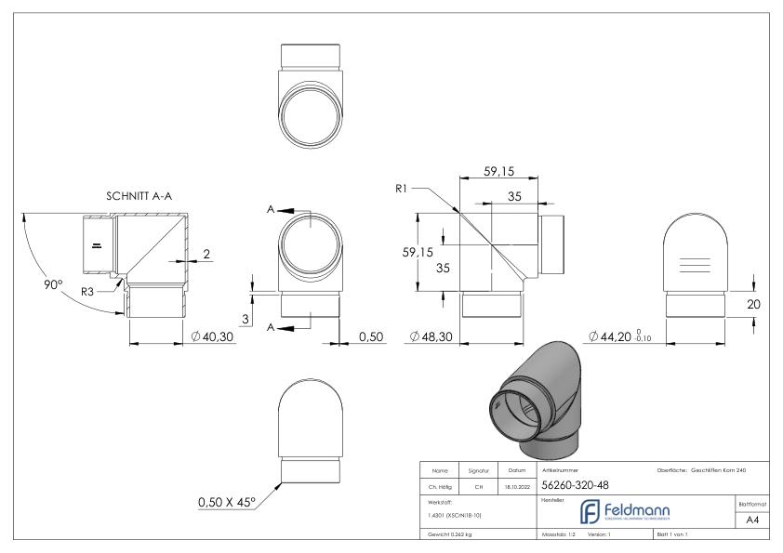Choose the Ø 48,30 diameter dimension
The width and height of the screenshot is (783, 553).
[431, 336]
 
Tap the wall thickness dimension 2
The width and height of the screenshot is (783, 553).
[206, 254]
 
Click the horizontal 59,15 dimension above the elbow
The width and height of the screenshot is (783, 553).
[498, 171]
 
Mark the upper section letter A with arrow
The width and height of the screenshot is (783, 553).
[273, 211]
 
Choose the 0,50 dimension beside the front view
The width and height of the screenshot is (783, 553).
[371, 336]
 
